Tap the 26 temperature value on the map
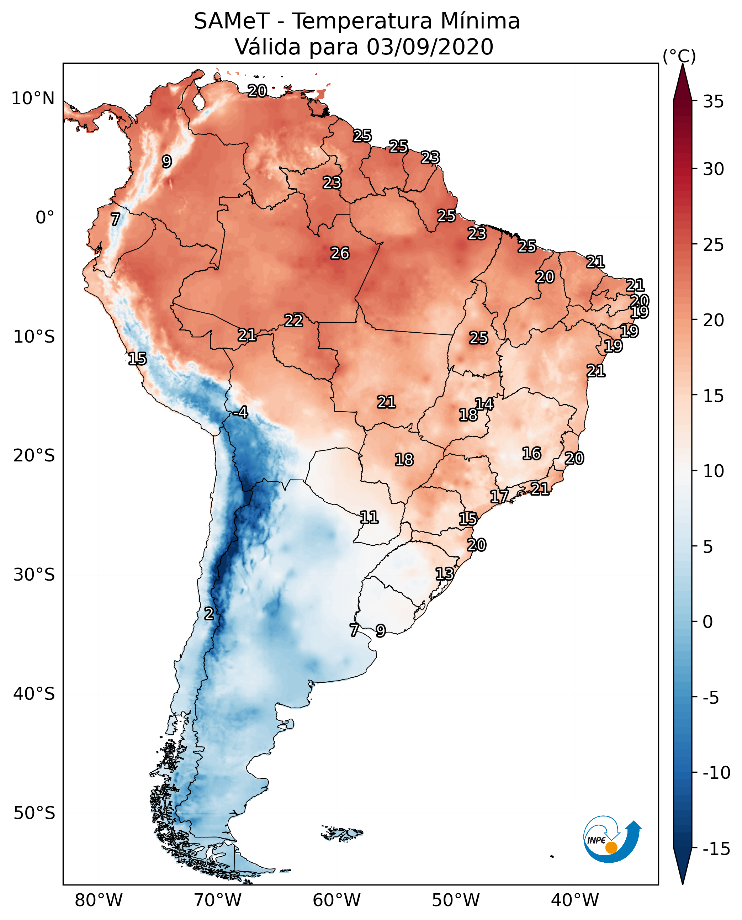click(x=340, y=254)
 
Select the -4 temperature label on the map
click(x=241, y=413)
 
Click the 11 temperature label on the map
click(x=369, y=518)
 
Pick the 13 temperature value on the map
click(x=445, y=574)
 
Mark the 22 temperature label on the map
click(x=294, y=321)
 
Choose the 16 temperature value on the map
click(x=532, y=454)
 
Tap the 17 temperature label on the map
click(x=499, y=497)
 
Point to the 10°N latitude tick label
click(x=33, y=99)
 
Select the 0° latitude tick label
click(x=45, y=218)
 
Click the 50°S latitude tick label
click(x=34, y=813)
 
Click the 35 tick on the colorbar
click(x=713, y=102)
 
